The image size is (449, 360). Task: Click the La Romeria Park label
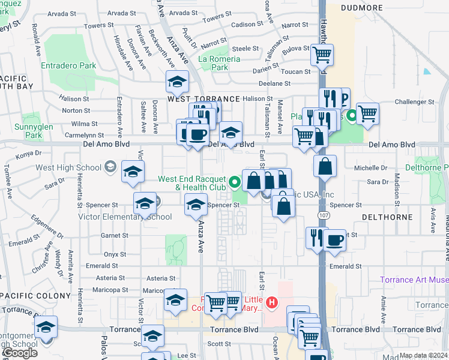pyautogui.click(x=219, y=63)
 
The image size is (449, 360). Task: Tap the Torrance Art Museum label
pyautogui.click(x=414, y=280)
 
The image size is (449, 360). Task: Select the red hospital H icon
pyautogui.click(x=272, y=302)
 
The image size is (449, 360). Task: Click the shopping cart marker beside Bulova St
pyautogui.click(x=322, y=55)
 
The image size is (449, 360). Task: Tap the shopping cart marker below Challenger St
pyautogui.click(x=367, y=112)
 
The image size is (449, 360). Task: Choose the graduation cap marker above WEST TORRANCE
pyautogui.click(x=178, y=81)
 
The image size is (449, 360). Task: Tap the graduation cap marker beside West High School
pyautogui.click(x=133, y=172)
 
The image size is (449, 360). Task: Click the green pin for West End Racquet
pyautogui.click(x=235, y=180)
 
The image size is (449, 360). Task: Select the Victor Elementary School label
pyautogui.click(x=115, y=217)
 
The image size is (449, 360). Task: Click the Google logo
pyautogui.click(x=19, y=353)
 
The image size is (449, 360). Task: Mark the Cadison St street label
pyautogui.click(x=243, y=25)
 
